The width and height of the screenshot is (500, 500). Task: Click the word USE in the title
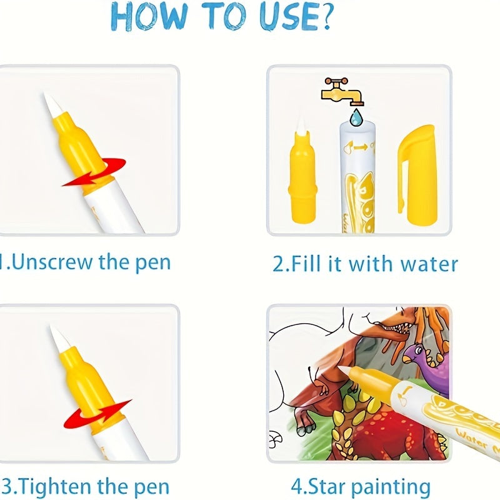point(287,18)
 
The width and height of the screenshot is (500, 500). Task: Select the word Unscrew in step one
point(53,262)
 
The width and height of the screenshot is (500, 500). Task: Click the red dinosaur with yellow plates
point(375,431)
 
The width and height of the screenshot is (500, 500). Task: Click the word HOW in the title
point(147,18)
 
